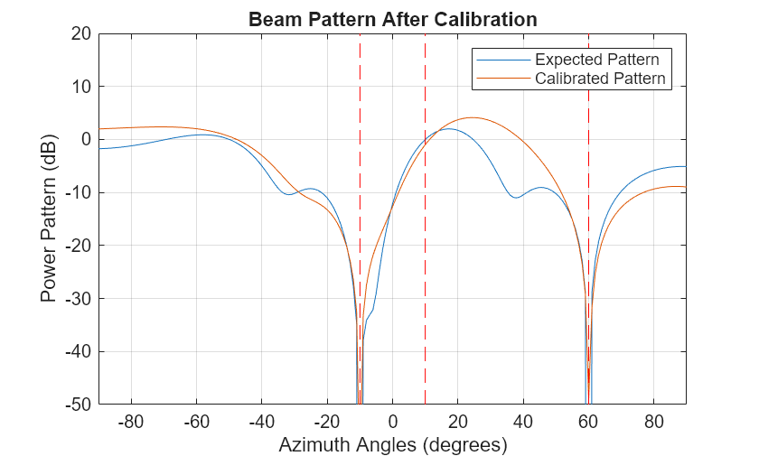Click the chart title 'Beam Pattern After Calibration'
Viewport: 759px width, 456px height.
coord(392,19)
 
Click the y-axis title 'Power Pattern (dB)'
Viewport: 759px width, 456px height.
coord(49,219)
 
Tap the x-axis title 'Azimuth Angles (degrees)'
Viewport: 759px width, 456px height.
coord(392,444)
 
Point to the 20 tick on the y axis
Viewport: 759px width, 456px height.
coord(80,33)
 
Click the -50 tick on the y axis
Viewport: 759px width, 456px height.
coord(77,404)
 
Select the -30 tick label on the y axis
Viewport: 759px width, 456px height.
coord(77,298)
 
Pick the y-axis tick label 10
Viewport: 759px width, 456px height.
coord(80,87)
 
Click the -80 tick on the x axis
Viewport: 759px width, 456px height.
coord(131,421)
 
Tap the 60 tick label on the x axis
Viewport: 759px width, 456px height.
coord(588,421)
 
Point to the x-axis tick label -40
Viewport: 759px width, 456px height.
coord(261,421)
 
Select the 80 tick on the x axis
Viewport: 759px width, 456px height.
coord(653,421)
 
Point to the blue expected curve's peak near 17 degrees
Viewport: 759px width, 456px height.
coord(448,129)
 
